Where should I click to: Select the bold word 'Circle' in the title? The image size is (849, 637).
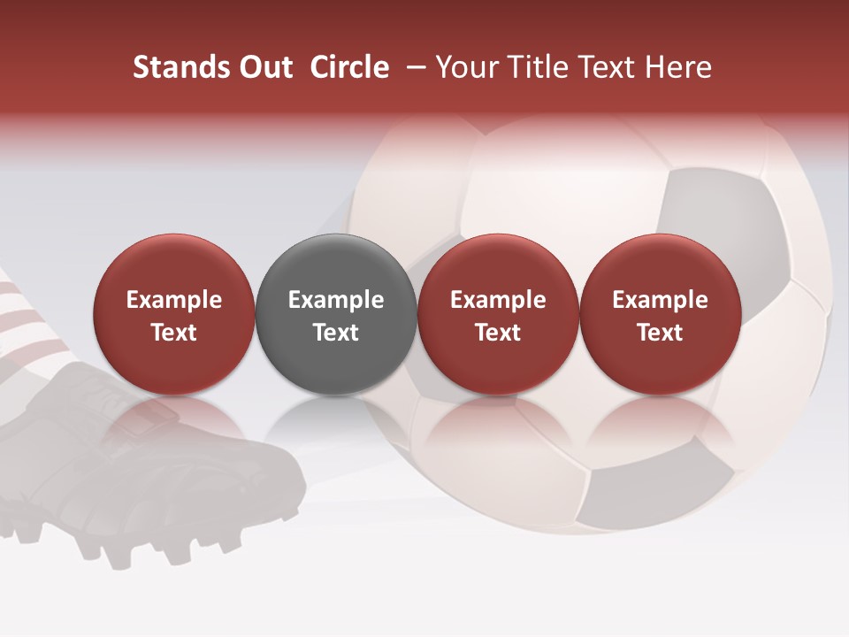pyautogui.click(x=349, y=67)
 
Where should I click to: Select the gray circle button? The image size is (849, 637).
pyautogui.click(x=335, y=314)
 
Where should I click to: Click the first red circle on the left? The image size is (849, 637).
pyautogui.click(x=173, y=314)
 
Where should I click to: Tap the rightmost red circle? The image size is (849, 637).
pyautogui.click(x=660, y=314)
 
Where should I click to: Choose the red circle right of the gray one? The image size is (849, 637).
pyautogui.click(x=498, y=314)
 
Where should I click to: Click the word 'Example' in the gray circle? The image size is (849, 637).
pyautogui.click(x=335, y=300)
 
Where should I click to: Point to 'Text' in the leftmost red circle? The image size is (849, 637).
pyautogui.click(x=173, y=333)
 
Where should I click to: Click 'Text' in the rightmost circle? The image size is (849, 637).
pyautogui.click(x=660, y=333)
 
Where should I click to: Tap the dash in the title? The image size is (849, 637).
pyautogui.click(x=413, y=67)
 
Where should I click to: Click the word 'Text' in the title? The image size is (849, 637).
pyautogui.click(x=608, y=67)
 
